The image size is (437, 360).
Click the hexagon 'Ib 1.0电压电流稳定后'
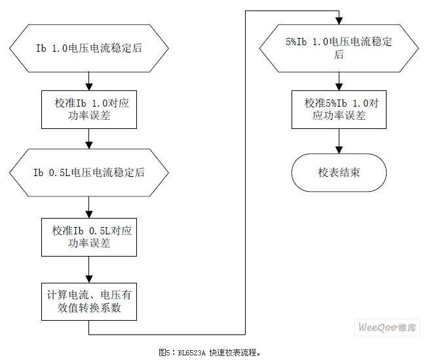(88, 48)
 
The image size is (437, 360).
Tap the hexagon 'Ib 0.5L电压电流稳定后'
(88, 172)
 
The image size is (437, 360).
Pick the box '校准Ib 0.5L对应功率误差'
(88, 237)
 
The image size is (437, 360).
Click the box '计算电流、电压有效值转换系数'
(88, 301)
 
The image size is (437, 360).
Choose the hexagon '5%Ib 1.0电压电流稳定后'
(339, 48)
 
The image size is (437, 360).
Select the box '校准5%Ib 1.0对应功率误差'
(339, 109)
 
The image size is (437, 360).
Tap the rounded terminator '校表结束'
(339, 173)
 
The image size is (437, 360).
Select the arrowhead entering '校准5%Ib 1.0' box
(339, 86)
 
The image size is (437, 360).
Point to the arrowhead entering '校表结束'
(339, 150)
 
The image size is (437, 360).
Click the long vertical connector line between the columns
(246, 170)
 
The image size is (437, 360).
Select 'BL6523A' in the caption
(191, 352)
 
